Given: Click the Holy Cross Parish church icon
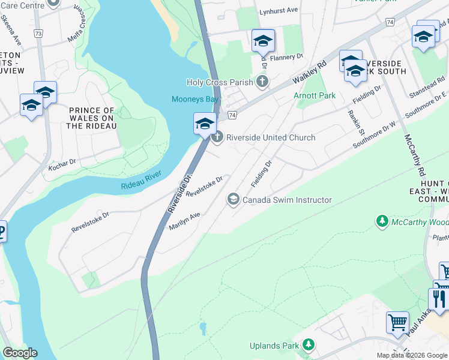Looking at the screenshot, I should (262, 81).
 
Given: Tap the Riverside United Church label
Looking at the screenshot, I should (270, 137).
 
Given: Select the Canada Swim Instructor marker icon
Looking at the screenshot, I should (232, 199).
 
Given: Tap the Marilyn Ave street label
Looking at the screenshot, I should (184, 223).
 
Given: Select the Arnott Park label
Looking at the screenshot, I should (314, 95).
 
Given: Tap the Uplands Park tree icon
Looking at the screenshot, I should (308, 345).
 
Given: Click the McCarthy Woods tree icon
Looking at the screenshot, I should (382, 222).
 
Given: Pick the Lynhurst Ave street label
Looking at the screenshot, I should (279, 11).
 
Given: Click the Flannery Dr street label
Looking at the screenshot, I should (286, 57).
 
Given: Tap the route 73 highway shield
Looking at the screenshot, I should (39, 34).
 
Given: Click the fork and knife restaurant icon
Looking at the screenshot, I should (438, 298).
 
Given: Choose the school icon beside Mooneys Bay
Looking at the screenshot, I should (205, 124).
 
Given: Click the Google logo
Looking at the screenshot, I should (20, 353).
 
